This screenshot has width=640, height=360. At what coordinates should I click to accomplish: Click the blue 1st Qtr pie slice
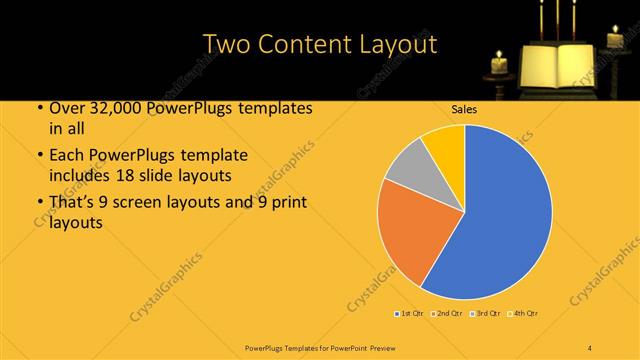[x=500, y=210]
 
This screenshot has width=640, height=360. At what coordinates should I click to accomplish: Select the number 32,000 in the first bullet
[x=108, y=108]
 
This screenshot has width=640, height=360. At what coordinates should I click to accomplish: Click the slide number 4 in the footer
[x=590, y=346]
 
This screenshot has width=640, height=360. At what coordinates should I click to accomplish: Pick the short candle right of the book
[x=614, y=40]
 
